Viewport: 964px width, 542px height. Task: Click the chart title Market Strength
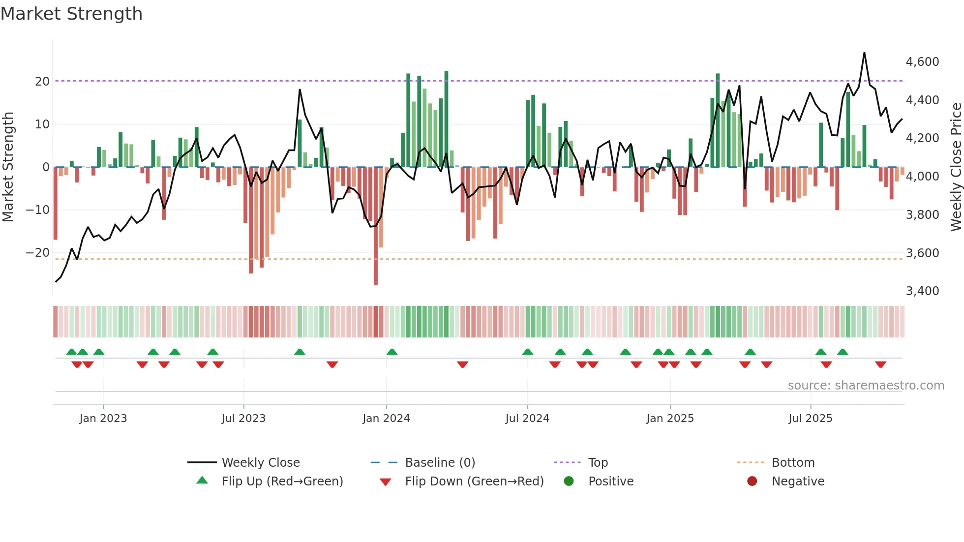71,14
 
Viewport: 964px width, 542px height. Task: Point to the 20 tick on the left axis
42,82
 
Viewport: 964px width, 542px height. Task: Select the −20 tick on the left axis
38,253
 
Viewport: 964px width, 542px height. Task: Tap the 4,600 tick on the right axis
922,62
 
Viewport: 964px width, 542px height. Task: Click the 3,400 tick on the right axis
922,291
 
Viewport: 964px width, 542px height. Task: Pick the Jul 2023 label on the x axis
243,419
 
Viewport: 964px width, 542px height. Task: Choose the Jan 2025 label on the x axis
670,419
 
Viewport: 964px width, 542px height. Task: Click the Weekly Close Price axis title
956,167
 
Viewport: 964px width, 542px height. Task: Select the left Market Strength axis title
8,167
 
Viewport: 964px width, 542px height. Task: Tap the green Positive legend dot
569,482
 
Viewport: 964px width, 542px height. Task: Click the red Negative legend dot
752,482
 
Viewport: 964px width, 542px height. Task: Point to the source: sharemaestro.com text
866,386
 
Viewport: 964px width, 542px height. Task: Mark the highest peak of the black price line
864,53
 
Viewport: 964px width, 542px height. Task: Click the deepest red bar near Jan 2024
376,226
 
